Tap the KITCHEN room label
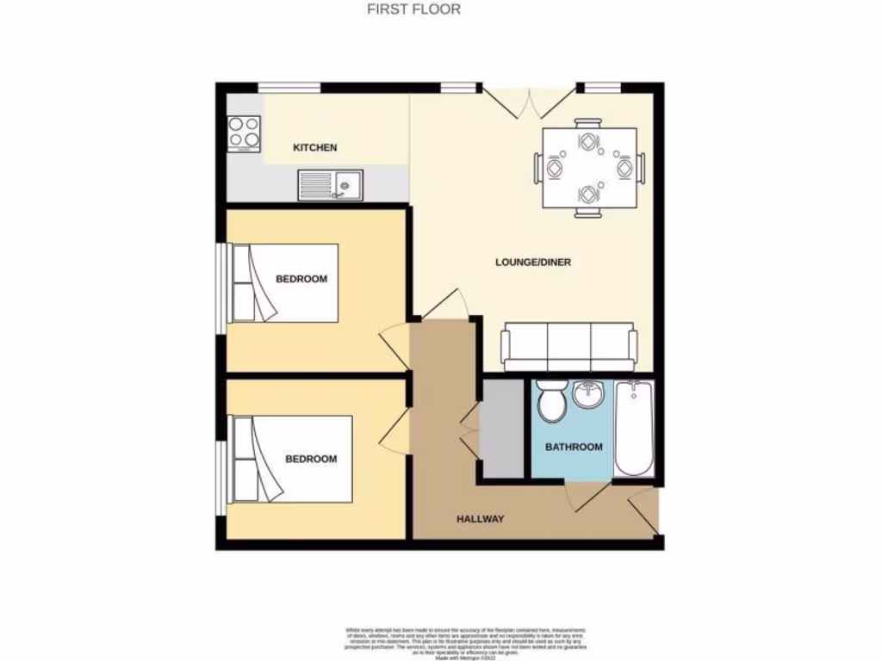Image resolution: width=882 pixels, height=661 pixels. click(x=315, y=148)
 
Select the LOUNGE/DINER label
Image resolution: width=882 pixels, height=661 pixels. click(x=533, y=262)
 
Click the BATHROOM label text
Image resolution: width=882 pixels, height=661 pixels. click(x=574, y=447)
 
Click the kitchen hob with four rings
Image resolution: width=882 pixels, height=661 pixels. click(x=244, y=133)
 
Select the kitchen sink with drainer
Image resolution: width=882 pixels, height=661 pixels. click(x=331, y=184)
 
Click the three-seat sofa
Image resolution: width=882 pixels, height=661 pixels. click(x=569, y=346)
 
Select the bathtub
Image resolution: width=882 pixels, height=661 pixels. click(x=634, y=427)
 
